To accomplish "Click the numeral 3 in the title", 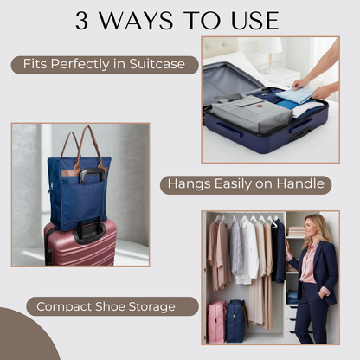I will [84, 20].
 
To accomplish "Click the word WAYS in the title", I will [142, 20].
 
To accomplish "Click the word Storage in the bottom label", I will [150, 306].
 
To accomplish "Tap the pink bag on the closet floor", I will [216, 321].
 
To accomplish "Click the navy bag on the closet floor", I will [236, 321].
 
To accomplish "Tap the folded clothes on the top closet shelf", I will [296, 231].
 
